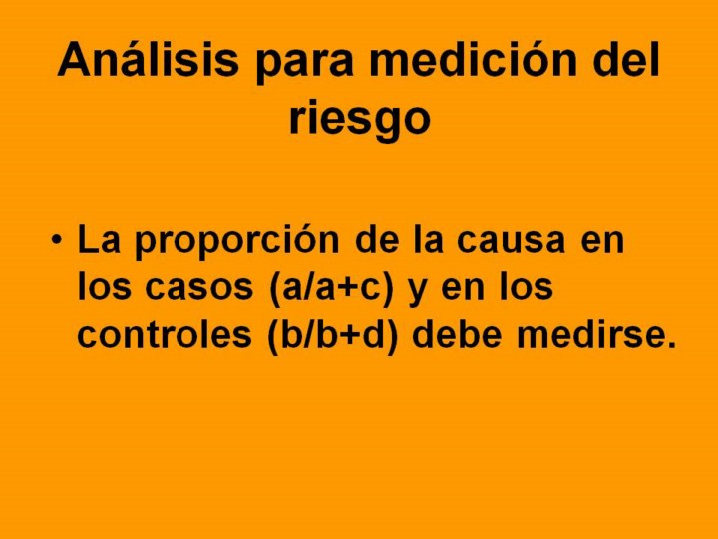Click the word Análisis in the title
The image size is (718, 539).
tap(148, 59)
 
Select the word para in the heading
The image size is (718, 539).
tap(304, 64)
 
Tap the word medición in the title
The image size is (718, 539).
tap(473, 59)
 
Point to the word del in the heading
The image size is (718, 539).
tap(626, 59)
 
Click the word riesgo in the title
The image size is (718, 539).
tap(360, 118)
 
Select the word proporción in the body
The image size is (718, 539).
tap(237, 242)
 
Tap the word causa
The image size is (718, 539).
tap(511, 242)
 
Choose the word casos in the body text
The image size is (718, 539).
tap(199, 288)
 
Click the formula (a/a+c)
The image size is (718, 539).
tap(331, 287)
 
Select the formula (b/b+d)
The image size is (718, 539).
tap(332, 334)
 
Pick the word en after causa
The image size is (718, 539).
tap(602, 242)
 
